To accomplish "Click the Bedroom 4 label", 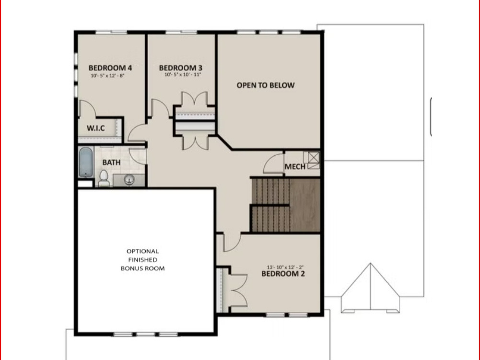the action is click(x=110, y=68).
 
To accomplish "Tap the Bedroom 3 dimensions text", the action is click(x=182, y=75).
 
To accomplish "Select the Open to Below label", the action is click(x=265, y=85).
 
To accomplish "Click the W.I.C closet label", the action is click(x=95, y=128).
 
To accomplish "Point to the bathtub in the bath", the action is click(x=86, y=162).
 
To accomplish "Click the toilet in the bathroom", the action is click(x=104, y=178).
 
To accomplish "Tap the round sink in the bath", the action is click(x=129, y=180).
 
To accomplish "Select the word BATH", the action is click(x=111, y=162).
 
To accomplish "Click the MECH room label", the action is click(x=295, y=166).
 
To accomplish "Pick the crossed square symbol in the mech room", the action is click(x=314, y=158).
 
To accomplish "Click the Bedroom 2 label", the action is click(x=283, y=274).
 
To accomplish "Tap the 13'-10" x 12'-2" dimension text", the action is click(x=285, y=267).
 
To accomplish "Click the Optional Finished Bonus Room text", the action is click(x=142, y=260).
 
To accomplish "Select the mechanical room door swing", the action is click(x=273, y=164).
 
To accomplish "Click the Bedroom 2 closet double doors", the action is click(x=238, y=290).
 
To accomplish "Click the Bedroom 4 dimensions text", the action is click(x=107, y=76).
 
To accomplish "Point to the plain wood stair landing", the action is click(x=304, y=205).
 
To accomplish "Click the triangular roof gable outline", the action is click(x=370, y=288).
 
